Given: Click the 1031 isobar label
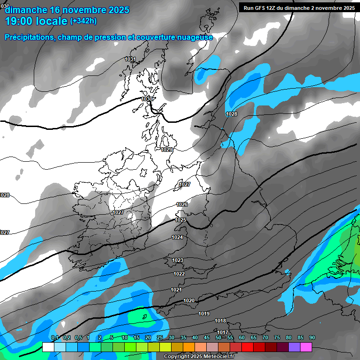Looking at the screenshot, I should tap(130, 60).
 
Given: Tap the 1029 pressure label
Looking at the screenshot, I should tap(166, 150).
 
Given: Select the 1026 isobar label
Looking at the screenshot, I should tap(182, 204).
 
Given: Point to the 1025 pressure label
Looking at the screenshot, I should tap(180, 220).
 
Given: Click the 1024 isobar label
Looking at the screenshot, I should tap(177, 238).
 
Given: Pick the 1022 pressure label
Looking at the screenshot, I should tap(179, 274).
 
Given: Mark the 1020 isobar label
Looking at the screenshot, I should tap(189, 300).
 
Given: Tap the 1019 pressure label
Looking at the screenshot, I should tap(204, 314).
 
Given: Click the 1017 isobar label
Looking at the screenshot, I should tap(222, 332).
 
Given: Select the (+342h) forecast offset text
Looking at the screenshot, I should tap(83, 21).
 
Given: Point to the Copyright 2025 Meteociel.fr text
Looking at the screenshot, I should tap(199, 357).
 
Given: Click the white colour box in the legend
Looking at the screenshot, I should tap(48, 347).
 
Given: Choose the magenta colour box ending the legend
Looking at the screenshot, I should tap(306, 347).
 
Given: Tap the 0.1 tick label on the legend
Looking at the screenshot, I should tap(55, 338).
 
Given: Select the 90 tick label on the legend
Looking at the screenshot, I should tap(312, 338).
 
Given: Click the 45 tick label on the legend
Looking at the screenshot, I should tap(207, 338).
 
